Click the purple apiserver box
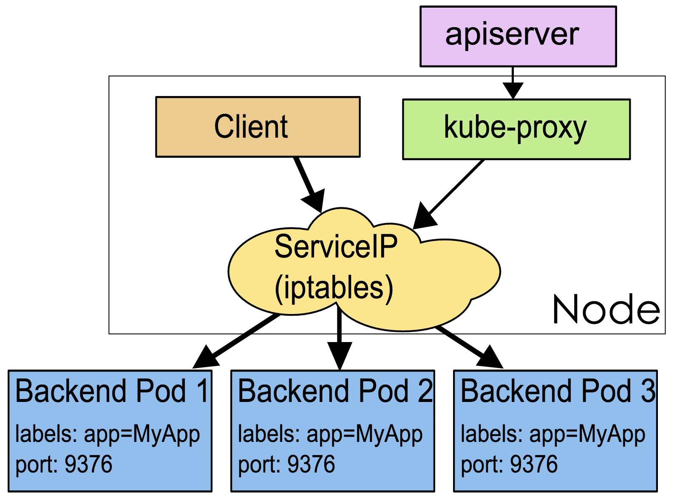[x=518, y=36]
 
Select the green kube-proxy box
[x=516, y=129]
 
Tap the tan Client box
[x=258, y=127]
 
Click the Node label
[x=606, y=310]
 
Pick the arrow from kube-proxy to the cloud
[x=450, y=193]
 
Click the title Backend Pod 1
[x=112, y=391]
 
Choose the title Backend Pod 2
[x=334, y=391]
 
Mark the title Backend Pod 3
[x=558, y=391]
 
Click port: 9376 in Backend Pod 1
[x=64, y=464]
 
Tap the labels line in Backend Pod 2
[x=330, y=434]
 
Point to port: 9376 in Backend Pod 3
[x=509, y=464]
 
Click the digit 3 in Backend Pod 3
[x=648, y=391]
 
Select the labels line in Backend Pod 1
[x=107, y=434]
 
